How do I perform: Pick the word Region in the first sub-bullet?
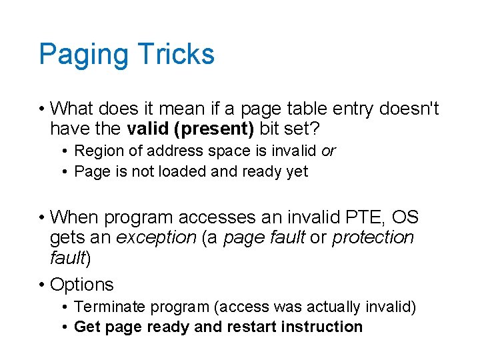tap(98, 151)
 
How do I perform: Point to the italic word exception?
tap(156, 237)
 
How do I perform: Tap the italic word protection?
tap(373, 237)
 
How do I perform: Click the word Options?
tap(82, 285)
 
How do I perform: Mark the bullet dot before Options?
tap(42, 285)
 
